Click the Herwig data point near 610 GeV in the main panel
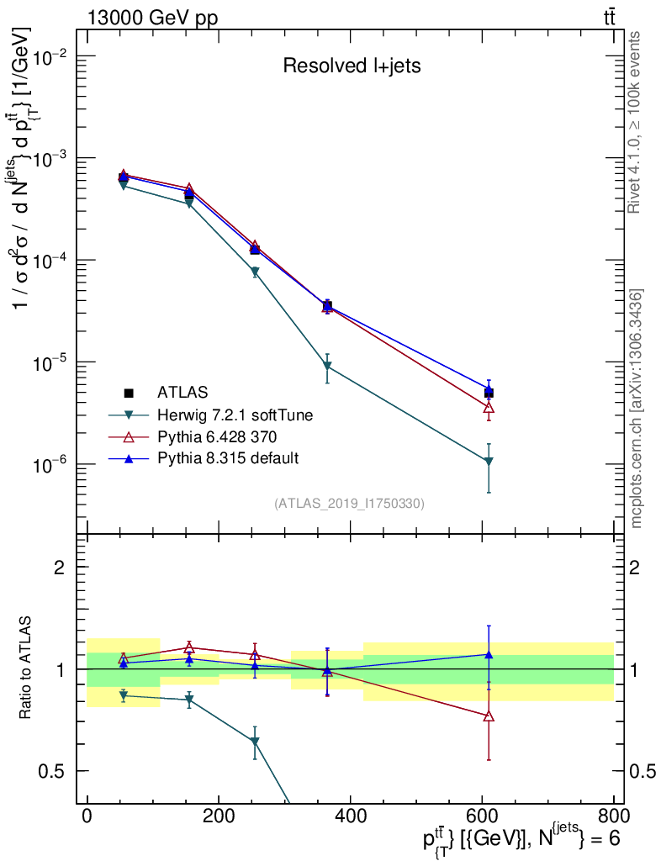[488, 462]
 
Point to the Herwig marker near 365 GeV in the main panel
[327, 367]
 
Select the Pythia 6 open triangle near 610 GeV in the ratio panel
[488, 716]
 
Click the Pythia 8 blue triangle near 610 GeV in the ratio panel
[488, 654]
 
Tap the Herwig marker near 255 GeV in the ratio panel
[255, 742]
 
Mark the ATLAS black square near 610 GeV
[488, 393]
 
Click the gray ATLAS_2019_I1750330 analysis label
[349, 504]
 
